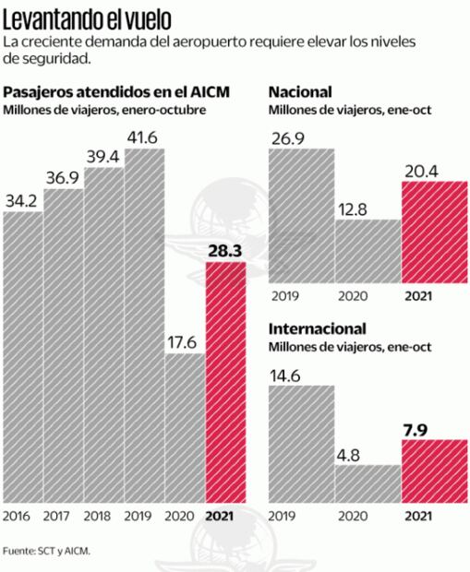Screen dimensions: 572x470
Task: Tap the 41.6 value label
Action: pyautogui.click(x=144, y=137)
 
